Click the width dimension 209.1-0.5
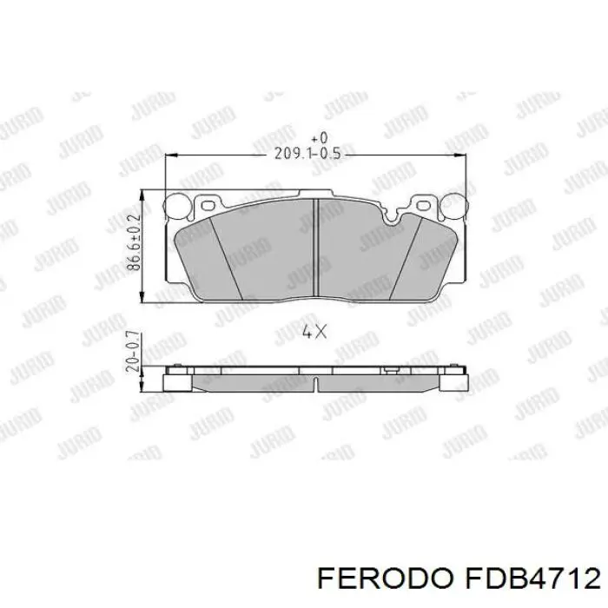pos(307,154)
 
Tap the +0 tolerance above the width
pos(321,137)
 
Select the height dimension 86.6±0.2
pos(134,242)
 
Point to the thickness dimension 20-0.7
pos(133,352)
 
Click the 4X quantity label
pos(314,332)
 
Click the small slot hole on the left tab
pos(209,205)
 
